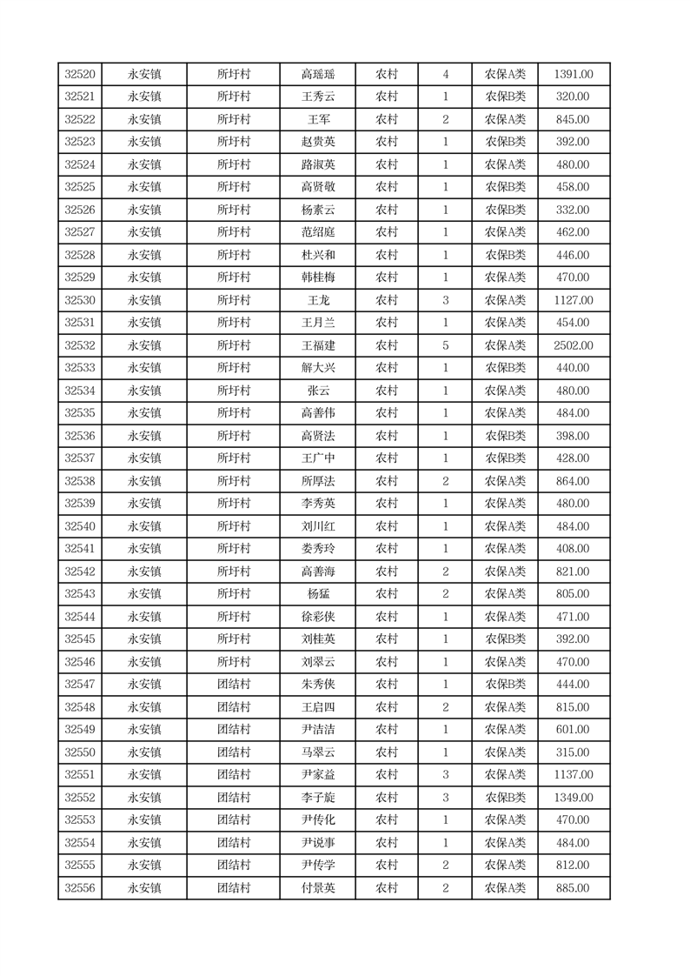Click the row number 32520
tap(80, 75)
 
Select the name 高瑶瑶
tap(317, 75)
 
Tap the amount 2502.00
tap(574, 345)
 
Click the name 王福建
tap(317, 345)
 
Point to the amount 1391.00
tap(574, 75)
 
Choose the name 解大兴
tap(317, 368)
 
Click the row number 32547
tap(80, 685)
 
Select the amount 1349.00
tap(574, 798)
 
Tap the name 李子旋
tap(317, 798)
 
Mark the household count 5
tap(445, 345)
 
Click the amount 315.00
tap(574, 752)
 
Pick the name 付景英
tap(317, 888)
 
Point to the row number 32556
tap(80, 888)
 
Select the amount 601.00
tap(574, 730)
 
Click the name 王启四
tap(317, 707)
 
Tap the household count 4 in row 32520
tap(445, 75)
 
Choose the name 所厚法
tap(317, 481)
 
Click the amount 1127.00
tap(574, 300)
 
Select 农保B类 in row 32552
tap(505, 798)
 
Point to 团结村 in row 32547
tap(233, 685)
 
